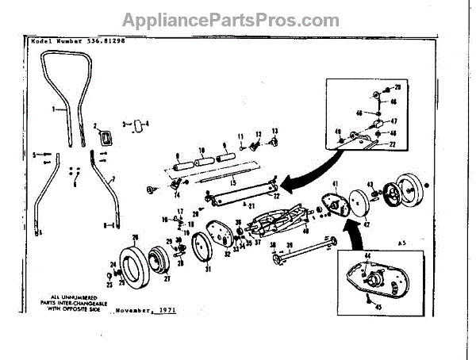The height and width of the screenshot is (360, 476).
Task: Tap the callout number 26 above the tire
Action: (136, 238)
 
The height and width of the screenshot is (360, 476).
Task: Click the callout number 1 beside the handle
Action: (54, 108)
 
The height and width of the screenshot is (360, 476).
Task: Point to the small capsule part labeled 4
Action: (140, 124)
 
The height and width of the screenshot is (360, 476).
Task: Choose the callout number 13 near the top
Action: (275, 130)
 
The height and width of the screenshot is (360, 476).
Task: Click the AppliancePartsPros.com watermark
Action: (238, 20)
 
